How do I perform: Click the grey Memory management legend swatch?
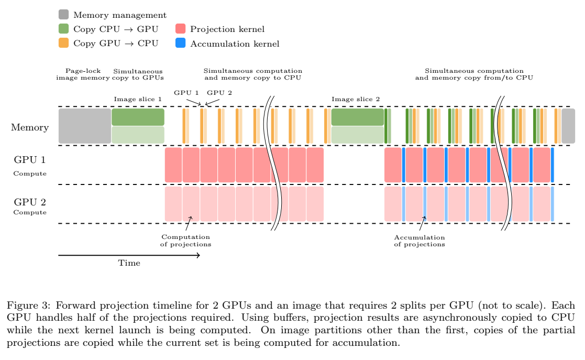coord(63,15)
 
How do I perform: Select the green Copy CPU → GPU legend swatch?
coord(63,29)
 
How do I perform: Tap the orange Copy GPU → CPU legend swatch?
coord(63,43)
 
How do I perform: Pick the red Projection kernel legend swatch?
coord(180,29)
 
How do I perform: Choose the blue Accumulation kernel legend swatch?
coord(180,43)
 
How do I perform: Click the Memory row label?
coord(30,127)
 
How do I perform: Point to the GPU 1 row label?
coord(30,159)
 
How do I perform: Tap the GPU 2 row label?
coord(30,202)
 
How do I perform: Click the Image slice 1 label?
coord(138,99)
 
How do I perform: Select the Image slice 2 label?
coord(356,99)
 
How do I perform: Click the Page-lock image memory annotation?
coord(83,74)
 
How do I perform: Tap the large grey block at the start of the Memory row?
coord(84,126)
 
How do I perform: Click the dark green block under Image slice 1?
coord(138,117)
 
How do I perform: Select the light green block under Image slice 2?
coord(357,135)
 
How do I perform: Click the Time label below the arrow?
coord(129,263)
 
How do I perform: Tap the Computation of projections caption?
coord(186,241)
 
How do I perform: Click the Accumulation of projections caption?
coord(419,241)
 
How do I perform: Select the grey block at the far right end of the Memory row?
coord(568,126)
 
